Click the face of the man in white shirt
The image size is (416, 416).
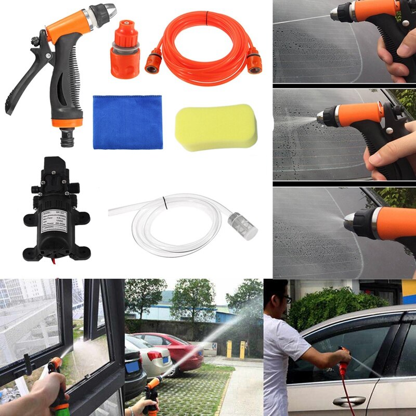click(281, 300)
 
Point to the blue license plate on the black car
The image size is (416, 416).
click(132, 367)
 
